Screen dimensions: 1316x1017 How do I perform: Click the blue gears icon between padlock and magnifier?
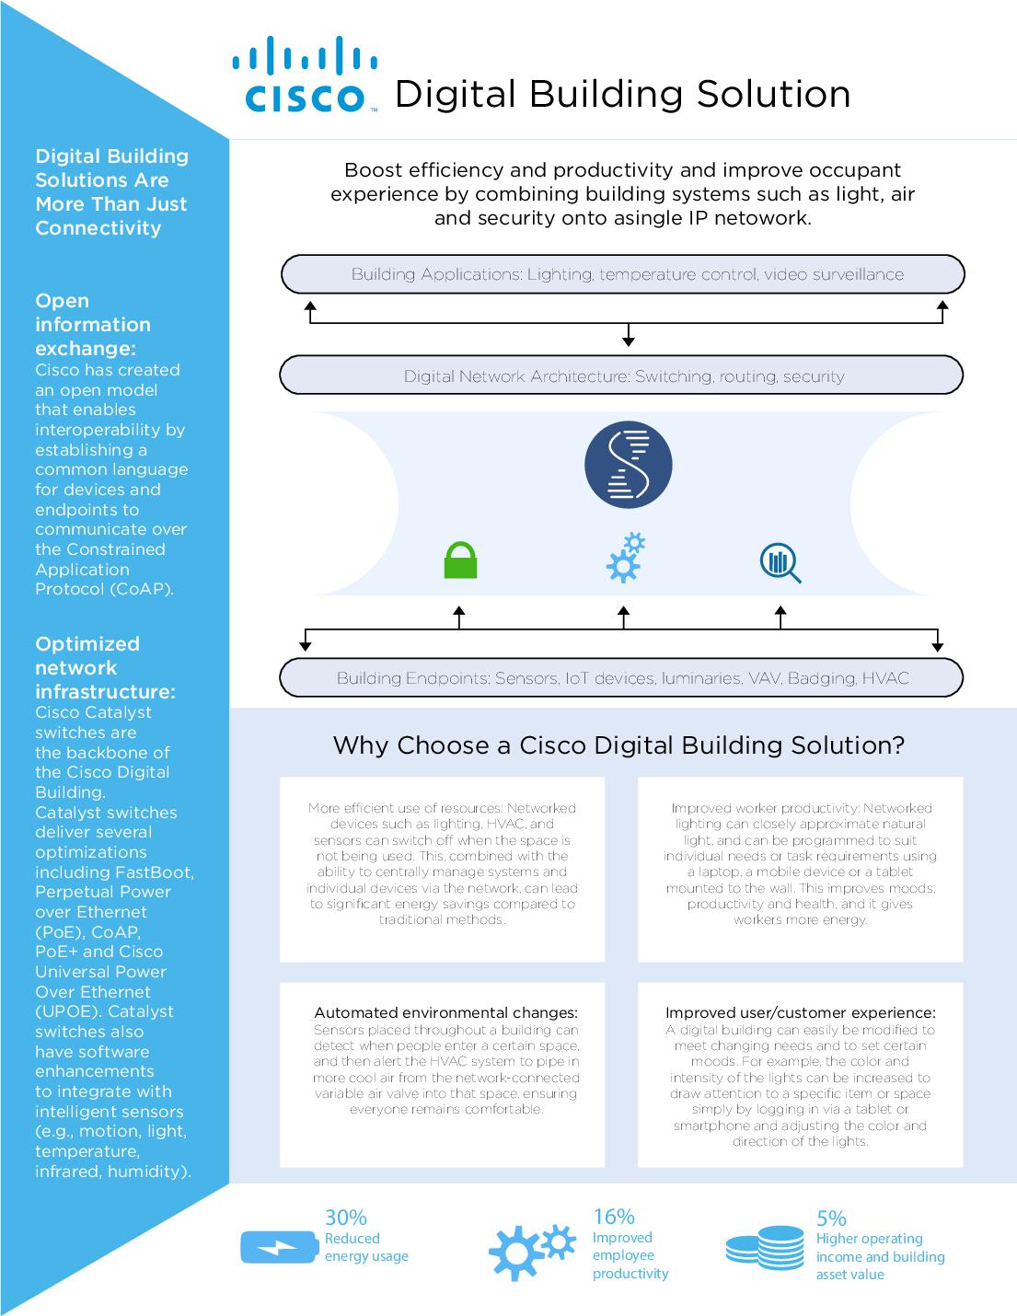pyautogui.click(x=625, y=558)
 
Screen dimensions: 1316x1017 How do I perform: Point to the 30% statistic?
pyautogui.click(x=346, y=1218)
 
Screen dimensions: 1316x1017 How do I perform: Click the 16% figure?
pyautogui.click(x=614, y=1217)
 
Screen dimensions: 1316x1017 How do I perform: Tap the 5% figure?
pyautogui.click(x=831, y=1218)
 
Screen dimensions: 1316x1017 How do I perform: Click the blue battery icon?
pyautogui.click(x=278, y=1247)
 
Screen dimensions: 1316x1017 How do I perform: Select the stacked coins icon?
pyautogui.click(x=765, y=1247)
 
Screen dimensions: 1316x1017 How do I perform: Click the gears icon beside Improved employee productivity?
pyautogui.click(x=531, y=1248)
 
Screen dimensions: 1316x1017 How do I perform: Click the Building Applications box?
pyautogui.click(x=622, y=274)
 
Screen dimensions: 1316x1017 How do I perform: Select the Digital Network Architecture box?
pyautogui.click(x=622, y=375)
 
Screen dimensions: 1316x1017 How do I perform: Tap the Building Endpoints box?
pyautogui.click(x=622, y=678)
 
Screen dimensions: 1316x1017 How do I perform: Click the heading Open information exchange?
pyautogui.click(x=92, y=325)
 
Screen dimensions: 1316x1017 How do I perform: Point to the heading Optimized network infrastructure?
pyautogui.click(x=104, y=667)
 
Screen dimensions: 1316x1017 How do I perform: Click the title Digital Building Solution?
pyautogui.click(x=622, y=94)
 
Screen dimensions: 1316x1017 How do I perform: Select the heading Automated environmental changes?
pyautogui.click(x=445, y=1013)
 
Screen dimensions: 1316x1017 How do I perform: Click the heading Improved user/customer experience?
pyautogui.click(x=800, y=1013)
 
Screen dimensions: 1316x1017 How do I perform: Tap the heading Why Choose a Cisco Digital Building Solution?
pyautogui.click(x=618, y=745)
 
